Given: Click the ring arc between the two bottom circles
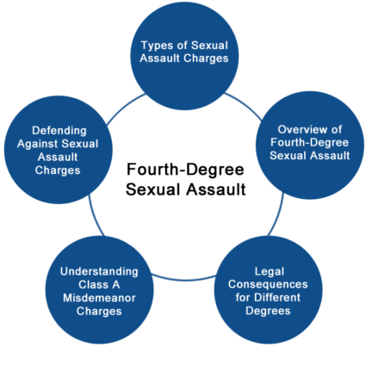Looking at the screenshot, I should pyautogui.click(x=183, y=279).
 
